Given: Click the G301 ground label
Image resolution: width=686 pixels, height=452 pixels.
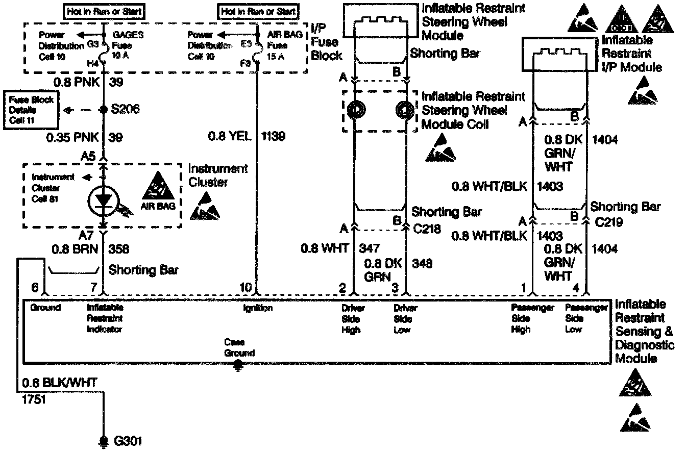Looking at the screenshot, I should (x=128, y=441).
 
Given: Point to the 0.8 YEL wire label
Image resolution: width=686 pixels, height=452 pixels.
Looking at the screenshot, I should (x=230, y=137).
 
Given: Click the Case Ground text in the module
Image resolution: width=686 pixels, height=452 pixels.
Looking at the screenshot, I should (x=239, y=347).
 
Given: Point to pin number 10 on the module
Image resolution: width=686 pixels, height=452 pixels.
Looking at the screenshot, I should (x=246, y=288).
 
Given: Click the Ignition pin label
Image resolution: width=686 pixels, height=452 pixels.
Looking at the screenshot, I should (x=258, y=308).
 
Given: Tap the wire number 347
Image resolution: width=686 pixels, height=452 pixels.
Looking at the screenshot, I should (x=370, y=248).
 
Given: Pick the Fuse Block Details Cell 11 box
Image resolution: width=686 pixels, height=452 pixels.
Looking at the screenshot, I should (x=31, y=110).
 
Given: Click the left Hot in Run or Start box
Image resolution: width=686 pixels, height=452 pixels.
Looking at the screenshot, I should (x=104, y=11).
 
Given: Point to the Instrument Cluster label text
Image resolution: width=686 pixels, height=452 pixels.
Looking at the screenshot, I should (x=218, y=175).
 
